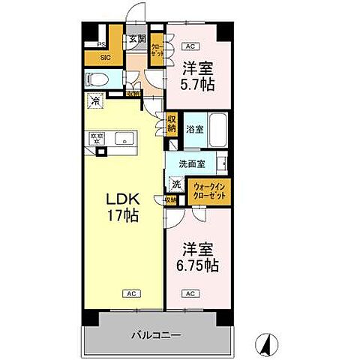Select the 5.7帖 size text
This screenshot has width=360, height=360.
(196, 84)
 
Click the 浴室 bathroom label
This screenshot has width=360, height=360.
(193, 128)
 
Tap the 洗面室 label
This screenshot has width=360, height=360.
(192, 163)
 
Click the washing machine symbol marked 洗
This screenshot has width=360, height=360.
(176, 184)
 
